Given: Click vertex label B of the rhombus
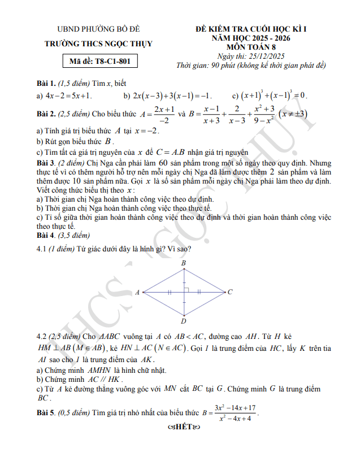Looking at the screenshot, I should (x=184, y=264).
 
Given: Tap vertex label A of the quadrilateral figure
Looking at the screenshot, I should (x=137, y=293).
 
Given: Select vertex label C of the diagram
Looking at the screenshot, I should (x=230, y=292).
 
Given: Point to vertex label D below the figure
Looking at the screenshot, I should (x=184, y=321).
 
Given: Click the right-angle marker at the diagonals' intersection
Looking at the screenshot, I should (x=186, y=290).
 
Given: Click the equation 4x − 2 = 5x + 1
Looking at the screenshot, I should (x=68, y=95).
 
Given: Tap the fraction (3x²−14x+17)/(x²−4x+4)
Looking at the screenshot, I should (x=235, y=412).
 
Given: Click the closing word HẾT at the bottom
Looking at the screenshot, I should (x=180, y=426).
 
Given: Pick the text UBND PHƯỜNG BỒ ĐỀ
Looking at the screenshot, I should (x=99, y=29).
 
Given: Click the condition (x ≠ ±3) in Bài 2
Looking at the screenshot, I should (x=294, y=114).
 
